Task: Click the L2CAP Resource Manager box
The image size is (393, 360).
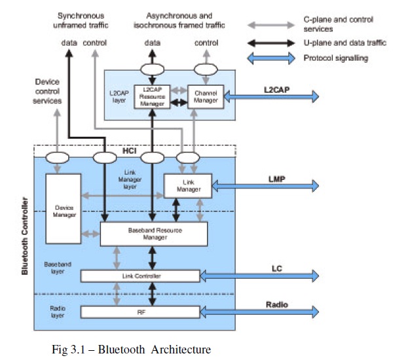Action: (151, 96)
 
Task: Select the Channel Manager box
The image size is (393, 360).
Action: (206, 96)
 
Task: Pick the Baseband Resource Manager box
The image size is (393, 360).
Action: (153, 234)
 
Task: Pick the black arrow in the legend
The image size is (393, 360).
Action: (271, 43)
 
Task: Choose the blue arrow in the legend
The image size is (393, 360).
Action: (271, 58)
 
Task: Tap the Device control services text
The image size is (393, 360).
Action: (47, 91)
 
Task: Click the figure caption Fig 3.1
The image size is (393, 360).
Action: (130, 349)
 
